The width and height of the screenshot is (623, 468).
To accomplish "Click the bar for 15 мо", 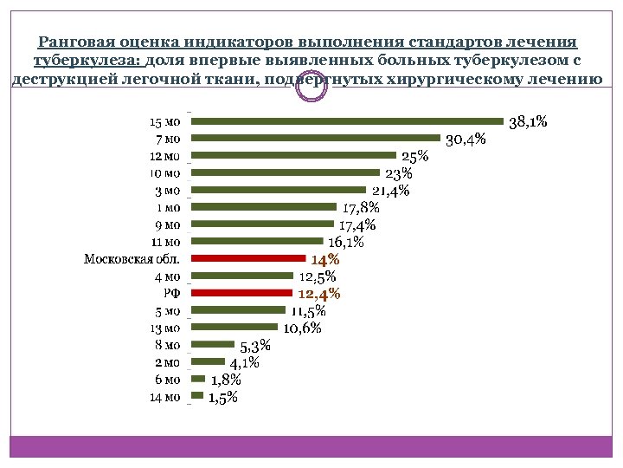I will coord(346,121).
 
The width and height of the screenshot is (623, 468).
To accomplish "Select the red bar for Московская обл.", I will coord(247,258).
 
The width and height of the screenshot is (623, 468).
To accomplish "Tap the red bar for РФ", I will coord(241,293).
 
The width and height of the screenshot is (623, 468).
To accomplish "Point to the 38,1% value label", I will coord(527,122).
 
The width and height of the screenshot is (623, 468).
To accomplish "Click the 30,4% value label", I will coord(465,140).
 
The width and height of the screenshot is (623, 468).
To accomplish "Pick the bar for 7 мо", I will coord(315,138).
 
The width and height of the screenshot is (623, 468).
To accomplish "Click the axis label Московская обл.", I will coord(132,258).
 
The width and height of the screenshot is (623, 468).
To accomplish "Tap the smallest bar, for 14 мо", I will coord(197,396).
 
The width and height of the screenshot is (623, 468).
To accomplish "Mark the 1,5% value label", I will coord(222,398).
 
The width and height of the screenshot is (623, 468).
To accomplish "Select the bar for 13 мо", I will coord(234,327).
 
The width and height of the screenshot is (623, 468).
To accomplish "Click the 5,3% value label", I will coord(255,347).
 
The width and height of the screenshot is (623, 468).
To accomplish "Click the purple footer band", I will coord(311,445).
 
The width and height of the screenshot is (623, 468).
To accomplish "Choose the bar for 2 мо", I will coord(207,361).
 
